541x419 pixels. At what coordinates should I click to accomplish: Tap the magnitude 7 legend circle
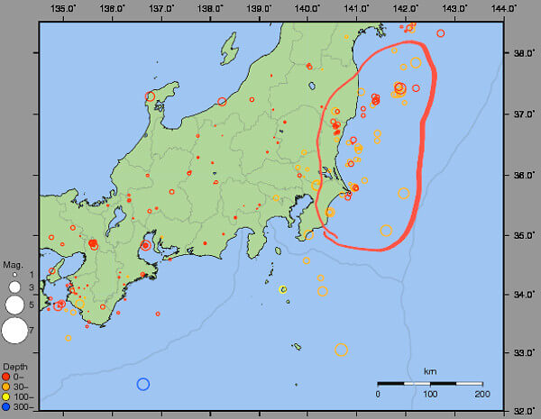(x=14, y=331)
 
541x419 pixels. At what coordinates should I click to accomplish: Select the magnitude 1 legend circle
(x=14, y=274)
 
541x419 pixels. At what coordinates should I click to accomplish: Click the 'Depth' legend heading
(x=14, y=368)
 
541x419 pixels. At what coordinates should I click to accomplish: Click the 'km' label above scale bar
(x=429, y=371)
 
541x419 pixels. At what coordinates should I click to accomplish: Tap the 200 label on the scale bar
(x=481, y=395)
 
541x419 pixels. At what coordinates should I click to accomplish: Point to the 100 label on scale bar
(x=429, y=395)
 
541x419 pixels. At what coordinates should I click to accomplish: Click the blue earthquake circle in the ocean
(x=142, y=384)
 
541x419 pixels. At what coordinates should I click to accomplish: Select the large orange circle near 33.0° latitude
(x=341, y=350)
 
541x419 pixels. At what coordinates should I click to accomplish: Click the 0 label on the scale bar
(x=378, y=395)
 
